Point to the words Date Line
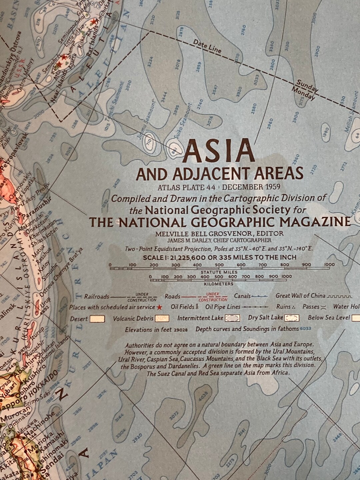click(x=207, y=46)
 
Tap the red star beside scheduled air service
click(x=160, y=307)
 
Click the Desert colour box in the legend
click(x=97, y=319)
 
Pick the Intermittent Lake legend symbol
click(x=232, y=318)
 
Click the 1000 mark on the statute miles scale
click(x=329, y=265)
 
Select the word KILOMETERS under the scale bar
click(x=219, y=284)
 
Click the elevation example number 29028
click(x=180, y=330)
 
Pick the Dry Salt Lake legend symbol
click(x=292, y=318)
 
